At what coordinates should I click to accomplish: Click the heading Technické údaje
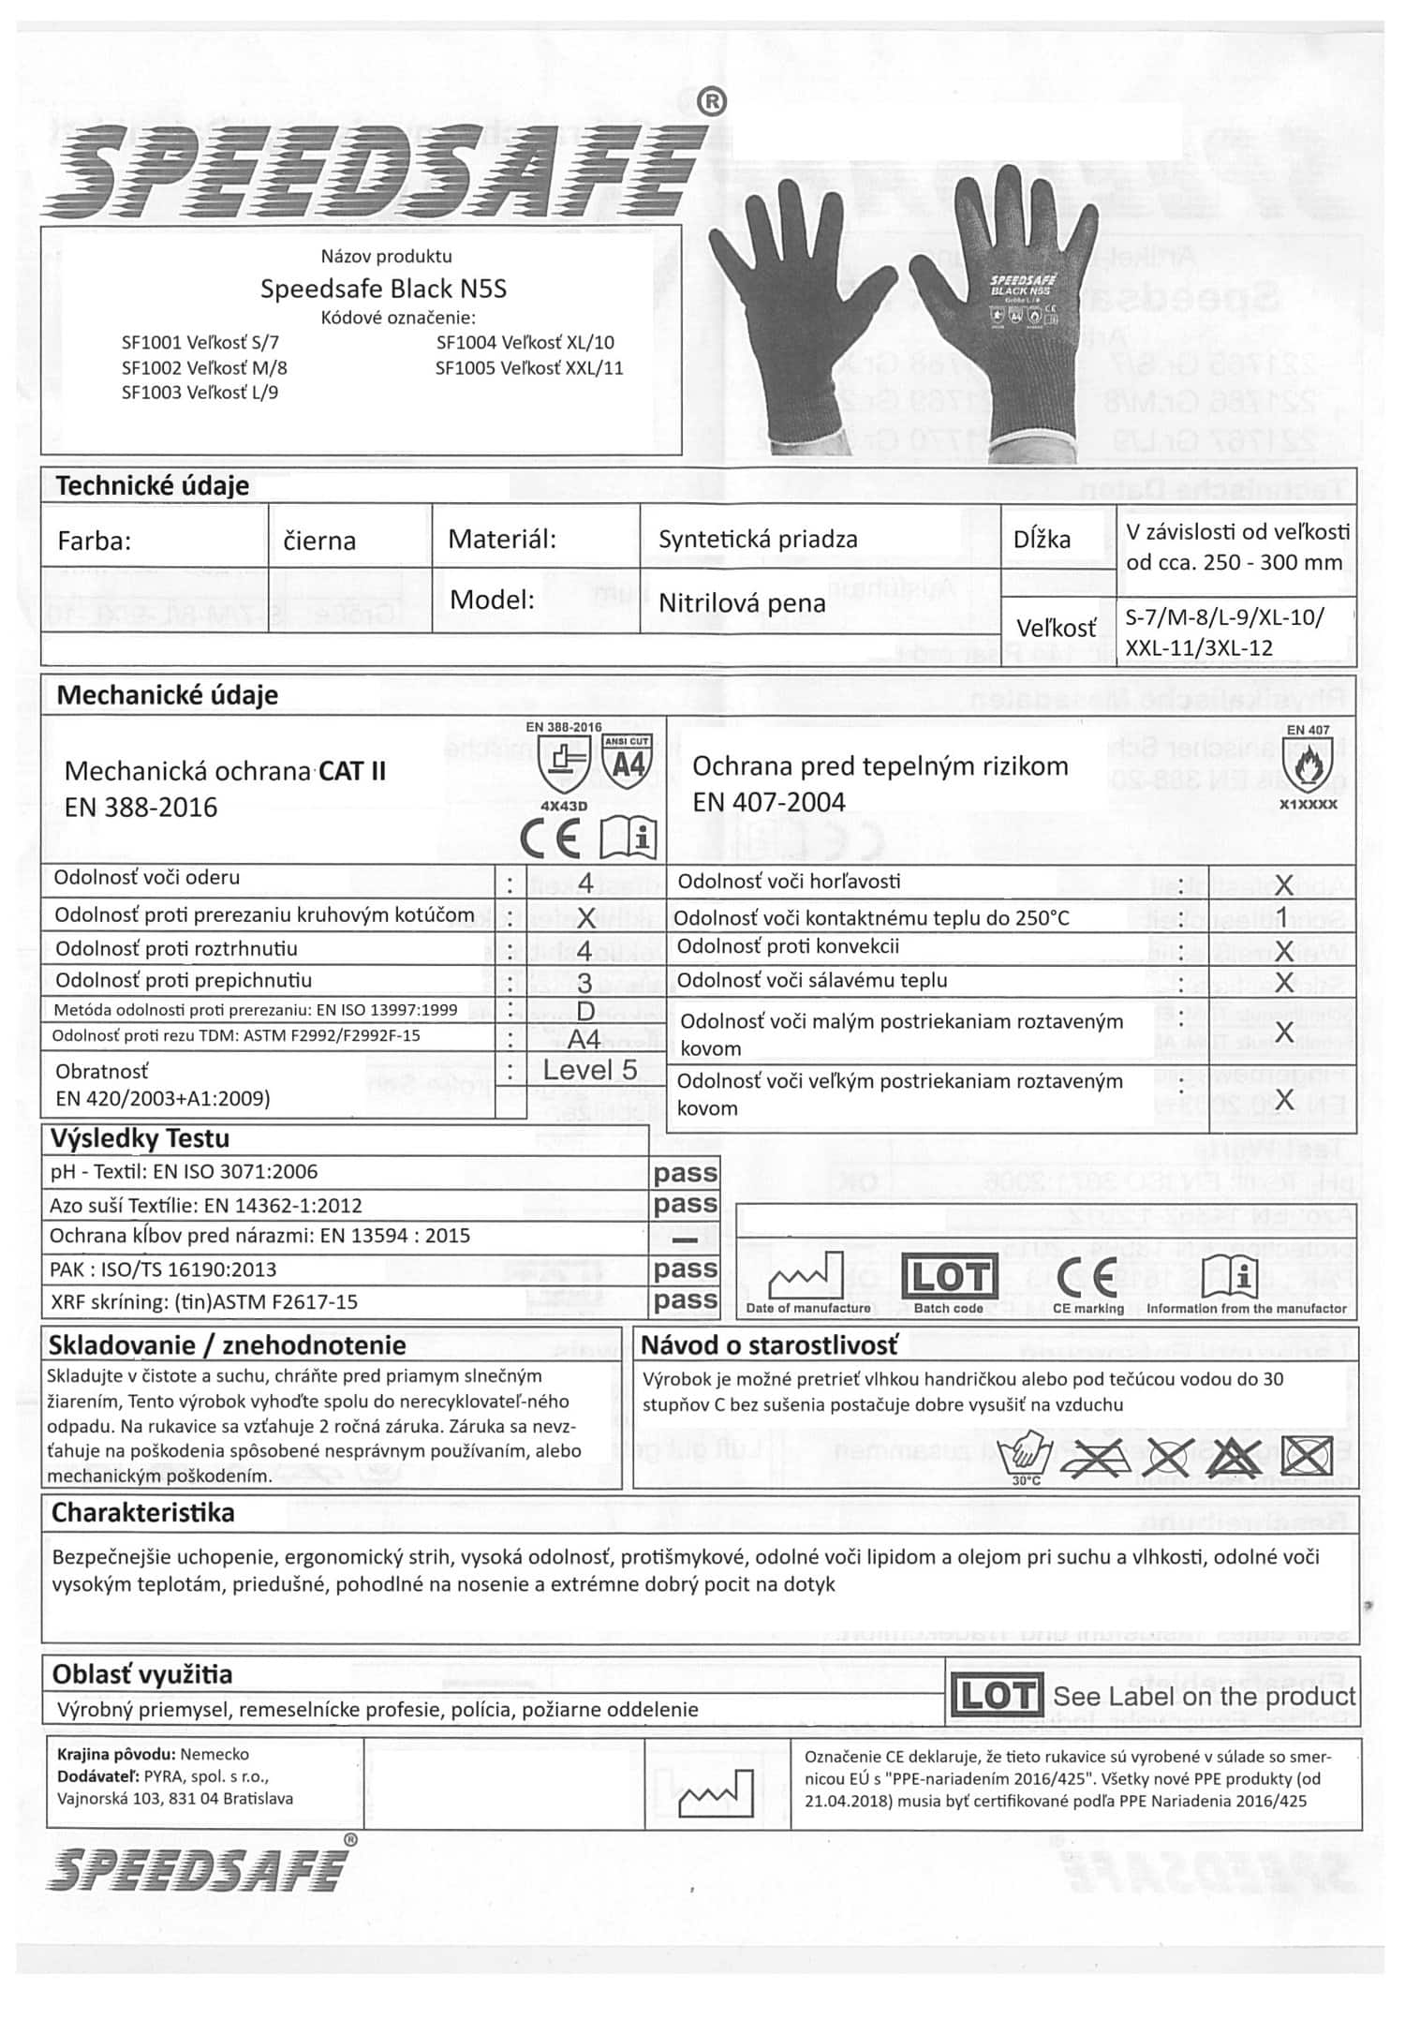pyautogui.click(x=153, y=485)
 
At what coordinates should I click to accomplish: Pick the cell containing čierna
pyautogui.click(x=319, y=541)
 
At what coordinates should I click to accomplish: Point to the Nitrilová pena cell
pyautogui.click(x=742, y=602)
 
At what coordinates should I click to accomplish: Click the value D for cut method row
pyautogui.click(x=585, y=1012)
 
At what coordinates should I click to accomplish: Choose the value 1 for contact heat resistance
pyautogui.click(x=1283, y=914)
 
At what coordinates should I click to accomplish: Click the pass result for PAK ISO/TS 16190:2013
pyautogui.click(x=686, y=1269)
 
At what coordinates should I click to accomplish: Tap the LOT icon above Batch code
pyautogui.click(x=949, y=1275)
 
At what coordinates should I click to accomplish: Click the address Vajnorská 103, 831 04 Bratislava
pyautogui.click(x=175, y=1798)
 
